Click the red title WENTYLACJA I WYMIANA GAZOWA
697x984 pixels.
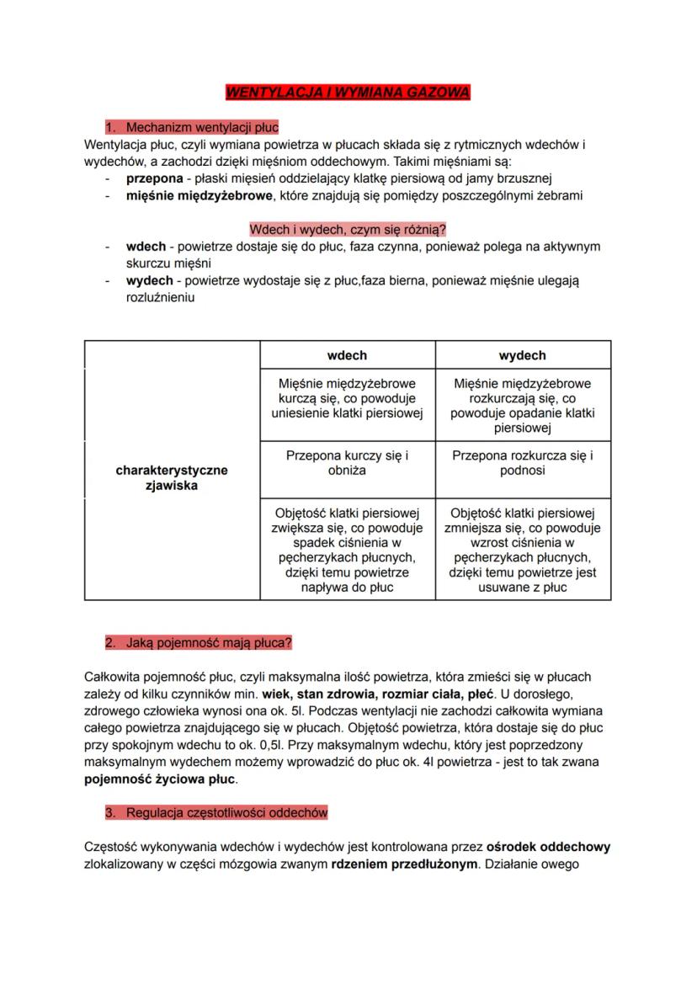pyautogui.click(x=348, y=91)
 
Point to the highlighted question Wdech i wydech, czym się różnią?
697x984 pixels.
pyautogui.click(x=348, y=229)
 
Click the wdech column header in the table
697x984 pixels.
pyautogui.click(x=347, y=355)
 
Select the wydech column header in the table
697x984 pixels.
pyautogui.click(x=522, y=355)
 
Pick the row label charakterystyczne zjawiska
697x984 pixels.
pyautogui.click(x=172, y=478)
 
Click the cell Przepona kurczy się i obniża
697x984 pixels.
pyautogui.click(x=347, y=463)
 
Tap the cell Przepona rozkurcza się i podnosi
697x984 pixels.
pyautogui.click(x=522, y=463)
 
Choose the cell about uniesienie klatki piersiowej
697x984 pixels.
pyautogui.click(x=347, y=397)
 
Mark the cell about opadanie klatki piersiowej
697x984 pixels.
pyautogui.click(x=522, y=405)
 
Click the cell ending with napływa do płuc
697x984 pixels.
pyautogui.click(x=347, y=550)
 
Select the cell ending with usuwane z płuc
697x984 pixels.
pyautogui.click(x=522, y=550)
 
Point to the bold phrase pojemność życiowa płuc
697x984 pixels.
pyautogui.click(x=161, y=779)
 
